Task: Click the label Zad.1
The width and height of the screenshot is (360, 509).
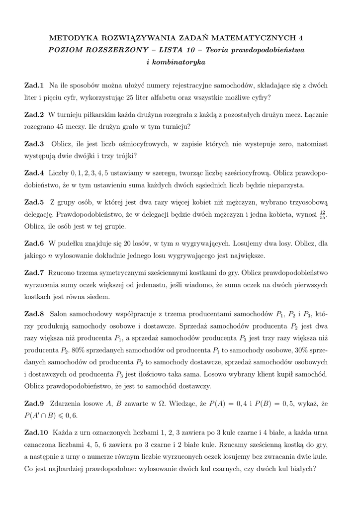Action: pyautogui.click(x=34, y=85)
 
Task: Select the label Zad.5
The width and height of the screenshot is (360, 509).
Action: pyautogui.click(x=34, y=202)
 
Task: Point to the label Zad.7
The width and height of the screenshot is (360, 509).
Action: pyautogui.click(x=34, y=273)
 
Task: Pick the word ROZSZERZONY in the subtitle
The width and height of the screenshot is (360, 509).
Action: pyautogui.click(x=112, y=50)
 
